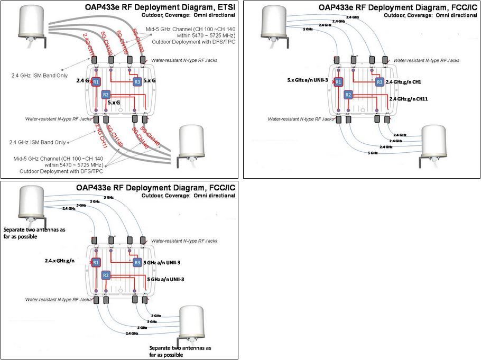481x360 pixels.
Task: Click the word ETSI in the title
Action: click(x=225, y=7)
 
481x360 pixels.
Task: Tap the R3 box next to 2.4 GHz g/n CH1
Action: click(x=380, y=82)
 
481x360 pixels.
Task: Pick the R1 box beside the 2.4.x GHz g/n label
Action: click(x=96, y=263)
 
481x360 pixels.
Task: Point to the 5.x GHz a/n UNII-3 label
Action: click(x=307, y=80)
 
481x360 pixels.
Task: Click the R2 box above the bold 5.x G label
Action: click(x=106, y=94)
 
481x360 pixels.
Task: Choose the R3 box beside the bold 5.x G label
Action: click(x=137, y=82)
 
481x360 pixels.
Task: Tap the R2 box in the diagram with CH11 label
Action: click(x=348, y=95)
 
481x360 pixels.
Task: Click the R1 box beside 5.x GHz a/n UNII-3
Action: click(x=339, y=81)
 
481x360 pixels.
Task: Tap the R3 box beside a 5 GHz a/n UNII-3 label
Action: click(x=137, y=263)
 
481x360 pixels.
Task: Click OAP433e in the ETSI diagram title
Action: click(x=103, y=7)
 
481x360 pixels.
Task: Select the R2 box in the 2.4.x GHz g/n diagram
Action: click(x=106, y=275)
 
